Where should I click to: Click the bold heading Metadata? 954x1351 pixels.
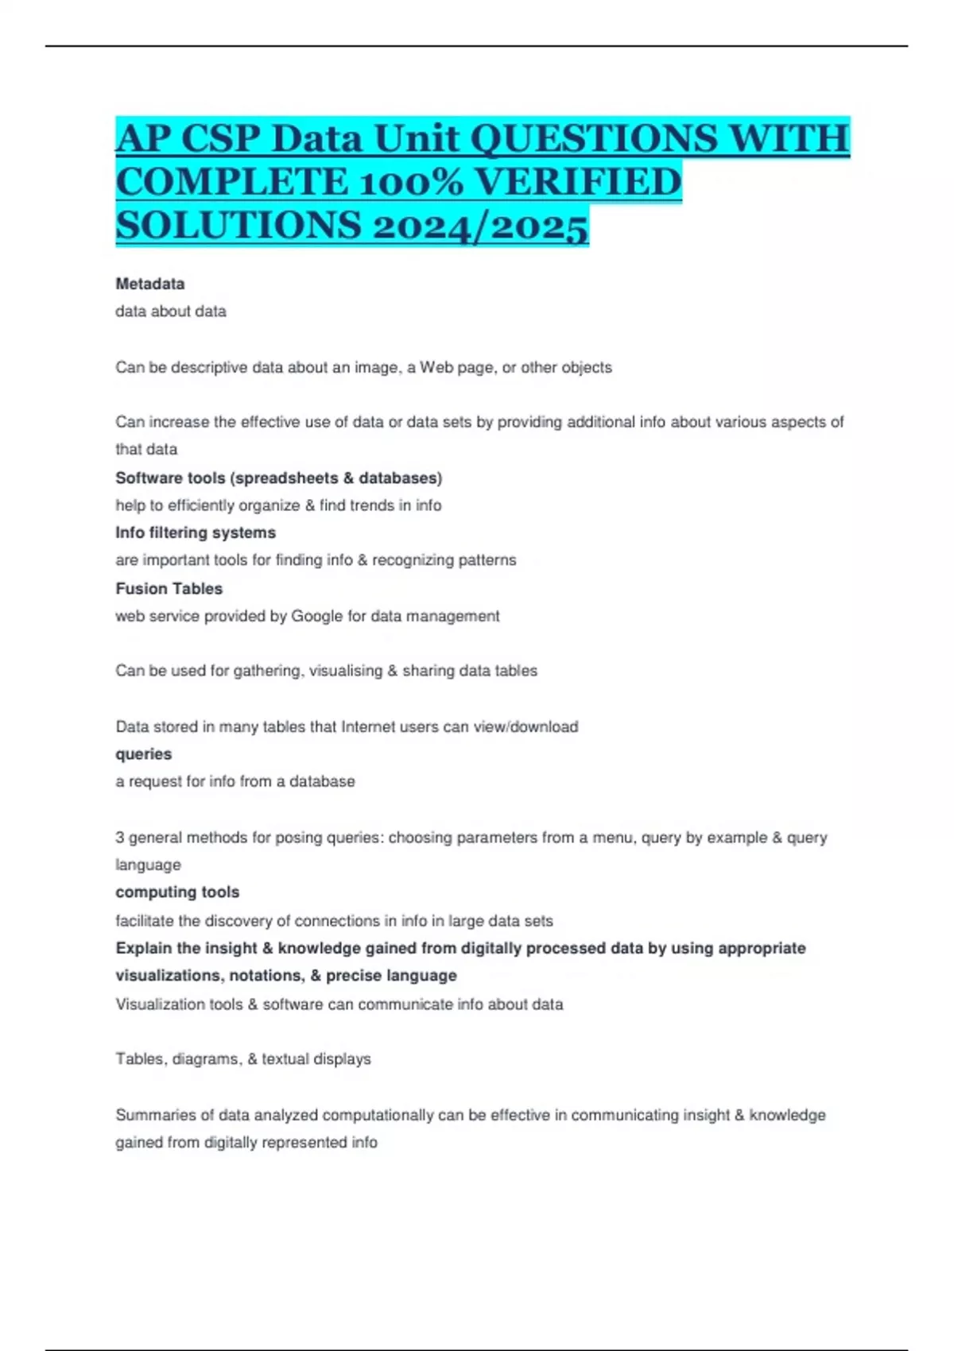click(149, 284)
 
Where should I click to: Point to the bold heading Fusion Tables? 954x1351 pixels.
click(169, 589)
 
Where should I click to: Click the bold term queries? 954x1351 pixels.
click(143, 754)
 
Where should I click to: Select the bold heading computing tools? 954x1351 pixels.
click(177, 892)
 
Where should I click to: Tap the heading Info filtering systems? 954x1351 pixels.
click(196, 532)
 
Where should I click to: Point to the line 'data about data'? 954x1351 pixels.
click(170, 312)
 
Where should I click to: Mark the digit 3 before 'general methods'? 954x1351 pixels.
click(120, 838)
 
